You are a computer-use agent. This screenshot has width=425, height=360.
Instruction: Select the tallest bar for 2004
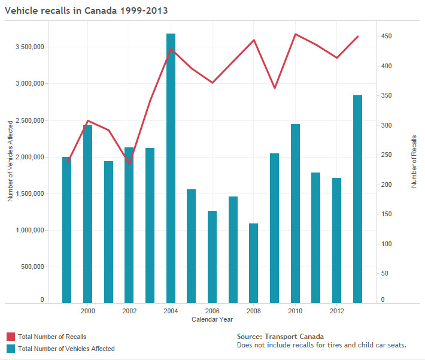pos(171,168)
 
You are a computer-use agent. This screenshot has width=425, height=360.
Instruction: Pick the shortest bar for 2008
pos(254,263)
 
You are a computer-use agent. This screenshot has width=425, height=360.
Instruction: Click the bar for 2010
pos(295,213)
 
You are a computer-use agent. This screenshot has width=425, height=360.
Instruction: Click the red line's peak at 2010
pos(295,34)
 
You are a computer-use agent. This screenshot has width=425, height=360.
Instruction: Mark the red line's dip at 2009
pos(275,88)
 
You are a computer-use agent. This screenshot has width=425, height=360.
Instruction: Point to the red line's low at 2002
pos(129,164)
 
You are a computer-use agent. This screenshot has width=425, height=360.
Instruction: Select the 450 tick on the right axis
pos(387,37)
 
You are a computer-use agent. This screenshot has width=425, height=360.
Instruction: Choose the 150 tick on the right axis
pos(387,214)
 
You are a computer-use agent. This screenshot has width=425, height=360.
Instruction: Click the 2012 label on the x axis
pos(337,311)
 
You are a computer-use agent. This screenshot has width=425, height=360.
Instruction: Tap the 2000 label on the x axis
pos(88,311)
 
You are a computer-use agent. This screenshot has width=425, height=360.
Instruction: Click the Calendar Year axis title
pos(212,320)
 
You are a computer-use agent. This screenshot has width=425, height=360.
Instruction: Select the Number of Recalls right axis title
pos(414,162)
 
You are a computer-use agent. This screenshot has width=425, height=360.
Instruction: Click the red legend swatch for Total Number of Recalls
pos(10,337)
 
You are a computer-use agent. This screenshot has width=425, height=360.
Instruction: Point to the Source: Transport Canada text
pos(280,337)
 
